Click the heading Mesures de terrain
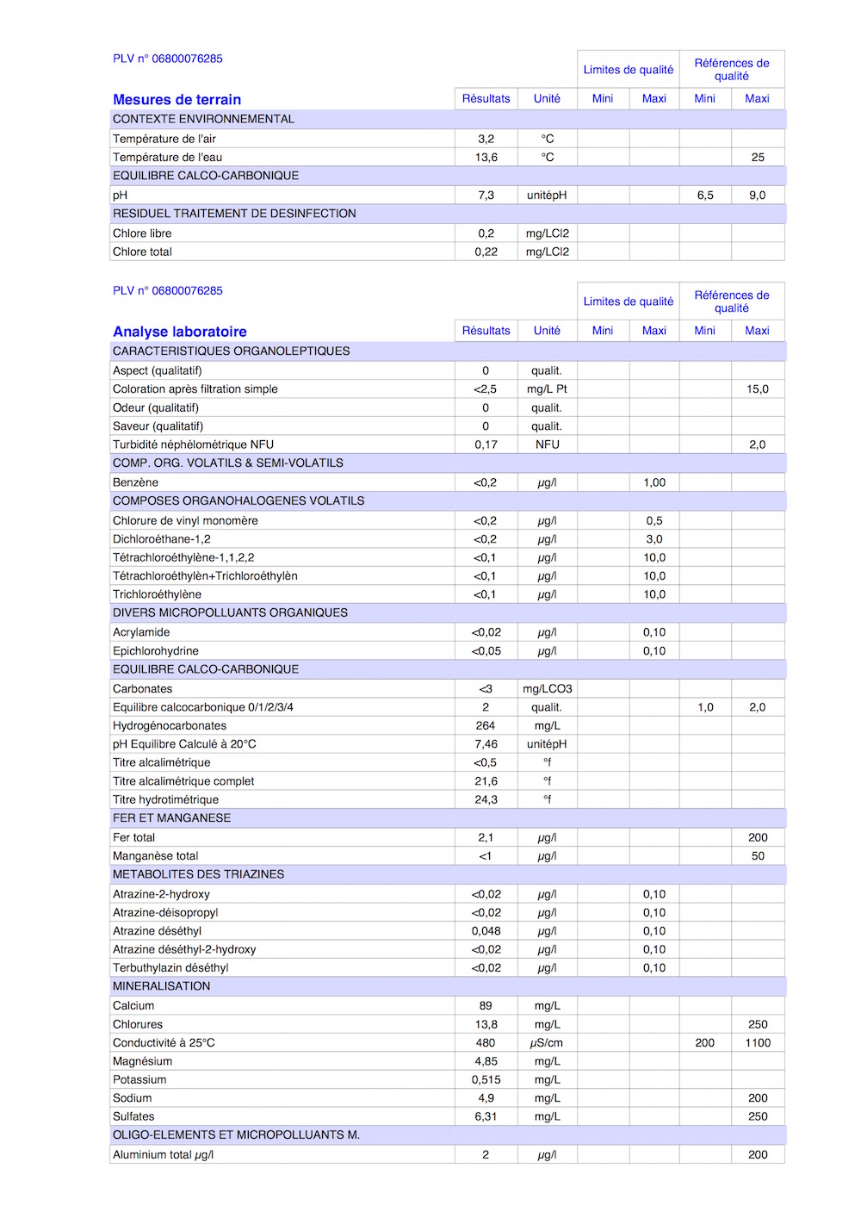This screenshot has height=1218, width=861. coord(177,100)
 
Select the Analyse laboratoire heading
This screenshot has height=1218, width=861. coord(179,332)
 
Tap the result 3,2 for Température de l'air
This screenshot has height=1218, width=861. coord(486,139)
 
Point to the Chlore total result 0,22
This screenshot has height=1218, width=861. coord(486,252)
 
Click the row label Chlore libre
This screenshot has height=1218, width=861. coord(142,233)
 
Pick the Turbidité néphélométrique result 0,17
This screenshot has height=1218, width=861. coord(486,444)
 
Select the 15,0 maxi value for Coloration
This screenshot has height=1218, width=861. coord(758,389)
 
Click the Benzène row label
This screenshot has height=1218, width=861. coord(135,482)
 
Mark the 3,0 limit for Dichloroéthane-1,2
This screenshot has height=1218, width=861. coord(654,539)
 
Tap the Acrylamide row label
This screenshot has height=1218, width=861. coord(141,632)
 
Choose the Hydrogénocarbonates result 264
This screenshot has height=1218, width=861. coord(486,726)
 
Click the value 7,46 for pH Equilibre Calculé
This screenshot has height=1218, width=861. coord(486,744)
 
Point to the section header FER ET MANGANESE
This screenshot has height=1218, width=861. coord(171,818)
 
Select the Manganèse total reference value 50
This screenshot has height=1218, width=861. coord(758,856)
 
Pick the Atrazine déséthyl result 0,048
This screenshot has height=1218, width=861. coord(486,931)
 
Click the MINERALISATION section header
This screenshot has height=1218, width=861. coord(161,986)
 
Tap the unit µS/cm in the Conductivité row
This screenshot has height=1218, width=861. coord(547,1043)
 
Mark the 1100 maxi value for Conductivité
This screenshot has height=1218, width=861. coord(758,1043)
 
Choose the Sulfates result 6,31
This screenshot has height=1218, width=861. coord(486,1116)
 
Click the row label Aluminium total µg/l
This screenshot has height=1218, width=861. coord(163,1155)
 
